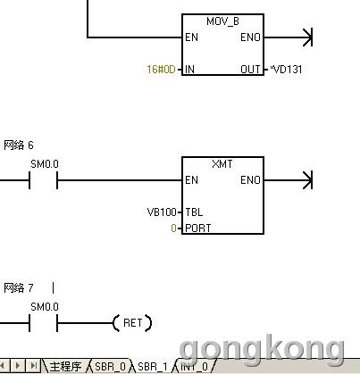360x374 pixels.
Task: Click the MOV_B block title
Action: (x=222, y=21)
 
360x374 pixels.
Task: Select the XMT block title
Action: (x=222, y=164)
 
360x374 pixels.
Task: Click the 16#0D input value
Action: (x=161, y=70)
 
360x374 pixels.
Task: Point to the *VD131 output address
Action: (x=286, y=70)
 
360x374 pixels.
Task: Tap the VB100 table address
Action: (x=162, y=212)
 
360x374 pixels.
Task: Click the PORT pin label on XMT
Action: (x=198, y=229)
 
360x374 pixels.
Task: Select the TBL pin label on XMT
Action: (x=194, y=212)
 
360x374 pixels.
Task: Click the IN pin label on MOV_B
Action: (x=189, y=70)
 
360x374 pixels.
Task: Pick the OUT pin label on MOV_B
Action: (x=250, y=70)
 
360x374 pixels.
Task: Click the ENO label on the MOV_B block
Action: (x=250, y=37)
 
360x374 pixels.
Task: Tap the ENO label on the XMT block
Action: (x=250, y=180)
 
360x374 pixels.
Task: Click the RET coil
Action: (x=132, y=323)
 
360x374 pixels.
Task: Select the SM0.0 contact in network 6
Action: (x=43, y=180)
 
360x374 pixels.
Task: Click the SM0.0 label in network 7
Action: (x=45, y=307)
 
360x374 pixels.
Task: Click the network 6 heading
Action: (x=19, y=145)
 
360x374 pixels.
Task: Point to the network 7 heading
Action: (x=19, y=287)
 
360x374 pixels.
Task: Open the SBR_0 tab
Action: (x=110, y=366)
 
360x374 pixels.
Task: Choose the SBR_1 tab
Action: (x=153, y=366)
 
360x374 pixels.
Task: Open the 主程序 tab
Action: (x=65, y=366)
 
